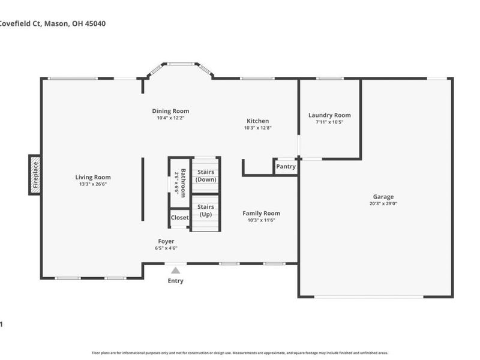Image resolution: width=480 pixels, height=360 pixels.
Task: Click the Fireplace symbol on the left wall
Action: pos(35,175)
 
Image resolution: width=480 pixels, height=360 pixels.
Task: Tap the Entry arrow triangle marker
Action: pos(175,271)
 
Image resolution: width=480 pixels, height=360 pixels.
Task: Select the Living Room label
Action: pos(93,177)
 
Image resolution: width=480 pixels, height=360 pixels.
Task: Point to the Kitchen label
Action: pos(257,121)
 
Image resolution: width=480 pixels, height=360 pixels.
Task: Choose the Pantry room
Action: pos(286,167)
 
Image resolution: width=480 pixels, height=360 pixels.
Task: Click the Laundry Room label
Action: pos(329,115)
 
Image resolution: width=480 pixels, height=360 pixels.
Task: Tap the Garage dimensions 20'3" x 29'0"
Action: pos(383,203)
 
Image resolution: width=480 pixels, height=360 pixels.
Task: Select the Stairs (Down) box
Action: pos(206,176)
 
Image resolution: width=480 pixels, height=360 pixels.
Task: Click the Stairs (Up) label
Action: pos(206,211)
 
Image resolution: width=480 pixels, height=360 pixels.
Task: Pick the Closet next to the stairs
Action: pos(179,218)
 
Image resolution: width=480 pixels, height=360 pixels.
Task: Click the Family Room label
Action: pos(261,213)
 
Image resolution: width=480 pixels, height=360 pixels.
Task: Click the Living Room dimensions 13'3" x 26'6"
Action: pos(93,184)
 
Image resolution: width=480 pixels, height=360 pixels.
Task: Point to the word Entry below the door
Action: pos(175,281)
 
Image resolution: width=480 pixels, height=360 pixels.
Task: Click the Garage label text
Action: pos(383,196)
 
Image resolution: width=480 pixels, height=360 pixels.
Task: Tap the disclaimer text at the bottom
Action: pos(240,353)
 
